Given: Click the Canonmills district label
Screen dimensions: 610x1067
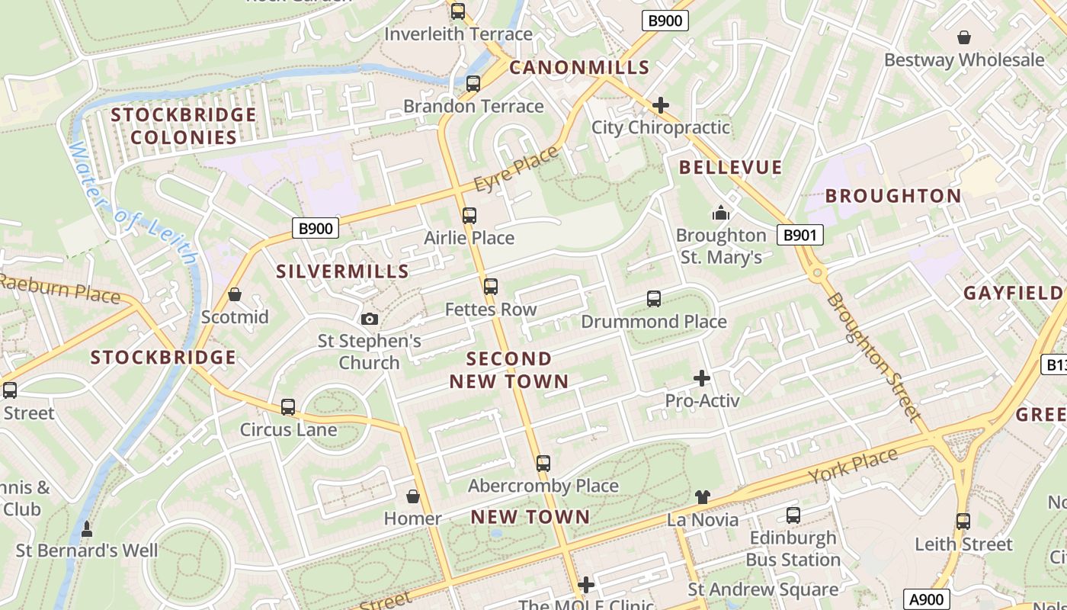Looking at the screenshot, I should click(579, 67).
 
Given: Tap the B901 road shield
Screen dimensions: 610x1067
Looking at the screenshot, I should click(800, 235).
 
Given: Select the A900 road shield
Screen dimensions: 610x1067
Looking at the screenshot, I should click(927, 599).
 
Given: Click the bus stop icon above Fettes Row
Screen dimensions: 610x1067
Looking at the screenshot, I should click(491, 287).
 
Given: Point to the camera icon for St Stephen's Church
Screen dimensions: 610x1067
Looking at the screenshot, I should click(370, 319).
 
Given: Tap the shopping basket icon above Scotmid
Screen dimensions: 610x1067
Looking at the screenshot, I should click(235, 294).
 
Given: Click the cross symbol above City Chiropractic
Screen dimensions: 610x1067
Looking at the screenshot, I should click(661, 105).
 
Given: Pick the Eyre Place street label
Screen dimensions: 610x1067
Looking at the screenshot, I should click(516, 169).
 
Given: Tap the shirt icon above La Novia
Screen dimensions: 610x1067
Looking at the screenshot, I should click(703, 497).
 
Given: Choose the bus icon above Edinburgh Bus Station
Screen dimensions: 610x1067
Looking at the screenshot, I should click(793, 515).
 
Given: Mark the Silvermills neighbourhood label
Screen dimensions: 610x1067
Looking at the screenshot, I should click(342, 271).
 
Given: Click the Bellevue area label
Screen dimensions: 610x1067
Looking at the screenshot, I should click(730, 168).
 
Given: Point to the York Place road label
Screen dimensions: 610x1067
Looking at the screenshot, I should click(854, 466).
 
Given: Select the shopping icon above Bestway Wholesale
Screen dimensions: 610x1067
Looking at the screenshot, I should click(964, 37).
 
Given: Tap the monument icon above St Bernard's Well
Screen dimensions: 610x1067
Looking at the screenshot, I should click(87, 528).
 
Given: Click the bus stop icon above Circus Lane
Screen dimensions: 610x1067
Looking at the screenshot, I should click(288, 407).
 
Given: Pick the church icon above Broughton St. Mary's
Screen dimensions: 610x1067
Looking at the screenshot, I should click(721, 213).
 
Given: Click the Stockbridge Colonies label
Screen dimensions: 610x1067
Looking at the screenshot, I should click(184, 126).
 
